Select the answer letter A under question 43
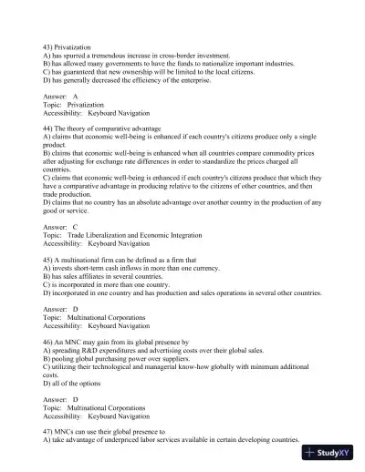[75, 96]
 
